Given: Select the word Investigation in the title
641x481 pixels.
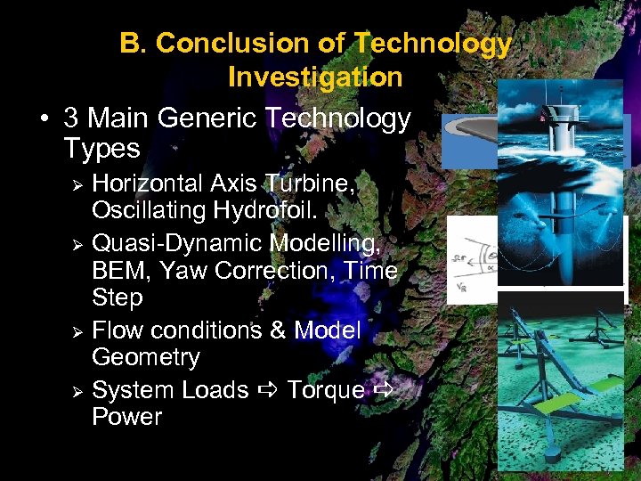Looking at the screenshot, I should [315, 77].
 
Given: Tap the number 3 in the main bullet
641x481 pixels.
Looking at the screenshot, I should [72, 118].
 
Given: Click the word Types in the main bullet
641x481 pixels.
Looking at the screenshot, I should [101, 148].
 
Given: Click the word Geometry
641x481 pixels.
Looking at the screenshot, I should [146, 358].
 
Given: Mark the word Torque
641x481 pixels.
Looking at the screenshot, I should [325, 389].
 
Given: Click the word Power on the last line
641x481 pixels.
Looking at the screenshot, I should [127, 417].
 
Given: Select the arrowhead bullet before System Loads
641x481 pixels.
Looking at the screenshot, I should [77, 391].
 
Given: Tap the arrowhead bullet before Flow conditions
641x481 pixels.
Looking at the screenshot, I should [77, 331].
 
